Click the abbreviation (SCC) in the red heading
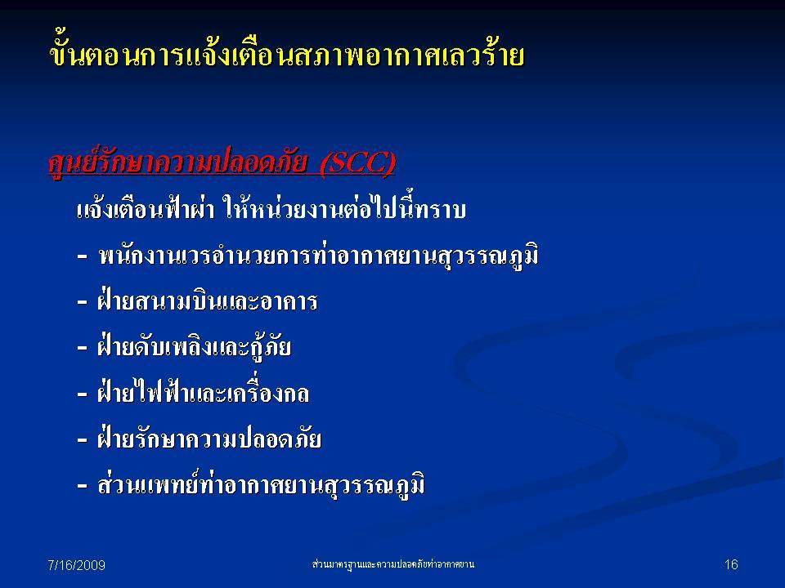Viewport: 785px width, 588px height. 357,163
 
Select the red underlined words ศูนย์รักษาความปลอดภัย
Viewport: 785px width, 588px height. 178,163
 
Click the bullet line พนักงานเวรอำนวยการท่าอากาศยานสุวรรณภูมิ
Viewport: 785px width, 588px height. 319,256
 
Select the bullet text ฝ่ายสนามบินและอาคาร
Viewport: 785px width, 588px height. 207,301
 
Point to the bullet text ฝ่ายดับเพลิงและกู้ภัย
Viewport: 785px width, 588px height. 195,346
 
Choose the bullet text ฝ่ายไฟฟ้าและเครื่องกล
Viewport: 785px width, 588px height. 204,392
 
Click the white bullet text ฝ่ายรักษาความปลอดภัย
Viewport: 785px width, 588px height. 209,438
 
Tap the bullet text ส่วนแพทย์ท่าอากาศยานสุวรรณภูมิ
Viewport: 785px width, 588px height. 261,484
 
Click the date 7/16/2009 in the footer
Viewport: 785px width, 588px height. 76,565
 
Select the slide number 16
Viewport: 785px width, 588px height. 731,564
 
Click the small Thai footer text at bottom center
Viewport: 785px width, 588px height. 393,564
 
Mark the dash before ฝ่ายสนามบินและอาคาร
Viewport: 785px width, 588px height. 82,302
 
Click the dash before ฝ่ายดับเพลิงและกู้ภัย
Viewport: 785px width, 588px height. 82,349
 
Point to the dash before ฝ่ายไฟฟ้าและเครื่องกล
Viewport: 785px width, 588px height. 82,394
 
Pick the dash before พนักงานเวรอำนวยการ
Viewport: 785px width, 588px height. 82,257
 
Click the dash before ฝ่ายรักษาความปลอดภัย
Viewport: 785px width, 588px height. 82,440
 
